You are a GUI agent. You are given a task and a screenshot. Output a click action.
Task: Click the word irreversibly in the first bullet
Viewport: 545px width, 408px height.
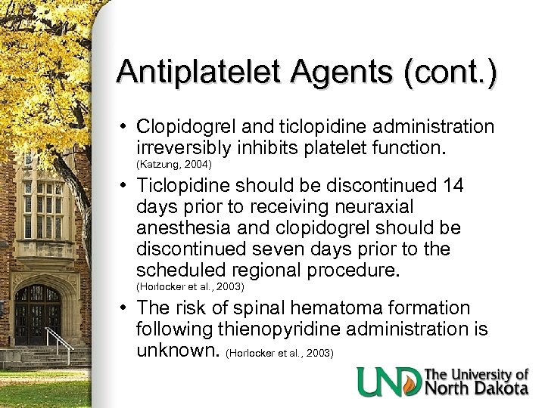tap(183, 148)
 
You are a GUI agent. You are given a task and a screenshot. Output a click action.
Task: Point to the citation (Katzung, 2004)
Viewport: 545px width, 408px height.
tap(173, 164)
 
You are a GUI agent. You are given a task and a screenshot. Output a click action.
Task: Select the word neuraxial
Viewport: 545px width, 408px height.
tap(372, 207)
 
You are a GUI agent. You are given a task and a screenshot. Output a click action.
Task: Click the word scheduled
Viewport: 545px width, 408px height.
tap(180, 270)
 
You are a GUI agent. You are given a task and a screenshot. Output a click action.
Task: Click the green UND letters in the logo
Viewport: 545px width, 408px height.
tap(388, 382)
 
